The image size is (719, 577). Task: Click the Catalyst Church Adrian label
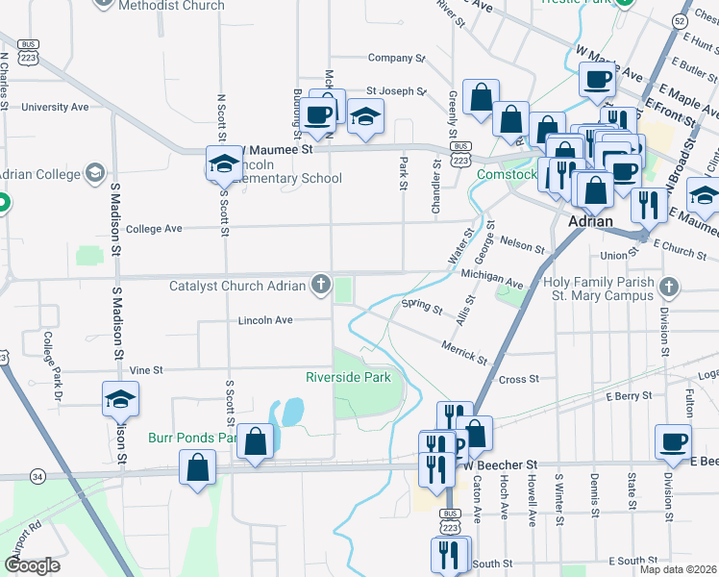237,286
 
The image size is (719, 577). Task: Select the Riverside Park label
348,377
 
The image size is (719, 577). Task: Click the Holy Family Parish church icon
668,286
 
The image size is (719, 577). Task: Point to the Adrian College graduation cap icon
94,173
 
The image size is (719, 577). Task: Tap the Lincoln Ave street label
264,319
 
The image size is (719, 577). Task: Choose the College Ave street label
154,229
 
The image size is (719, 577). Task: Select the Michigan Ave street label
491,279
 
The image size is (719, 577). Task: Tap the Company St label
396,59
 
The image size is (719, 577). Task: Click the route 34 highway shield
37,476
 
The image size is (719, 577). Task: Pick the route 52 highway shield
707,20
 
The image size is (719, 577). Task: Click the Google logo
31,564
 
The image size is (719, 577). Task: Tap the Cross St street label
519,379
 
